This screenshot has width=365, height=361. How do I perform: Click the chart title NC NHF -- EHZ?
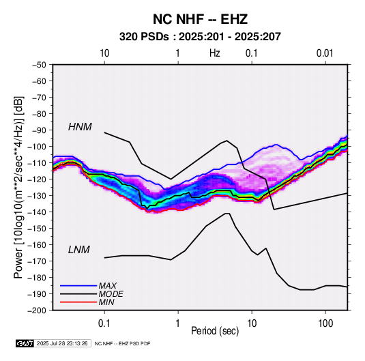click(200, 19)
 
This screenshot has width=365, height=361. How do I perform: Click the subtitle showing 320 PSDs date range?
click(200, 37)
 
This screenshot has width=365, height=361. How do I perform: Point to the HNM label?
click(80, 127)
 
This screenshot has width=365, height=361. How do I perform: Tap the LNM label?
click(79, 250)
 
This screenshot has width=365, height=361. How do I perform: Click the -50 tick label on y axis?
click(39, 65)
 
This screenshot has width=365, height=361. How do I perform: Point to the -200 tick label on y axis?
click(37, 311)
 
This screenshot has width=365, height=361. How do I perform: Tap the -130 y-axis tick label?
click(37, 196)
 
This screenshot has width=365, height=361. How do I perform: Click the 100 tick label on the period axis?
click(325, 323)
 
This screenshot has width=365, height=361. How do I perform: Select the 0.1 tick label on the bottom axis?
click(104, 323)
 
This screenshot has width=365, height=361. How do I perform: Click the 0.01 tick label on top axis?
click(325, 53)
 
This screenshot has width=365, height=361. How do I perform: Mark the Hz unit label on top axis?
click(215, 53)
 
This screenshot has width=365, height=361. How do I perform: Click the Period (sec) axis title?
click(215, 331)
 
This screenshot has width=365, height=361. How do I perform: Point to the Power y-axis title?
click(19, 188)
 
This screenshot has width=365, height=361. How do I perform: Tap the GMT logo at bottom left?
click(25, 343)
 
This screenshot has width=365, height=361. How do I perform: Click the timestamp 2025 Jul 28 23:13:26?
click(62, 343)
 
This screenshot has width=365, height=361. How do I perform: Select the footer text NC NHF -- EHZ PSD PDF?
click(122, 343)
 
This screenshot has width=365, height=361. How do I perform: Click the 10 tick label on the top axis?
click(104, 53)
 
